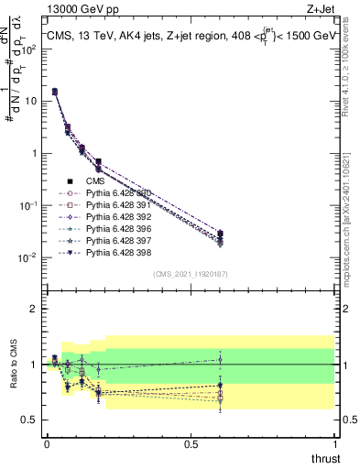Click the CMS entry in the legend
[x=95, y=180]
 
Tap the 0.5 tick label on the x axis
[x=191, y=444]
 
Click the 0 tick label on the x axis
[x=47, y=444]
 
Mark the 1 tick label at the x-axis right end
[x=335, y=444]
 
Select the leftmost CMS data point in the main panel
[x=55, y=92]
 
